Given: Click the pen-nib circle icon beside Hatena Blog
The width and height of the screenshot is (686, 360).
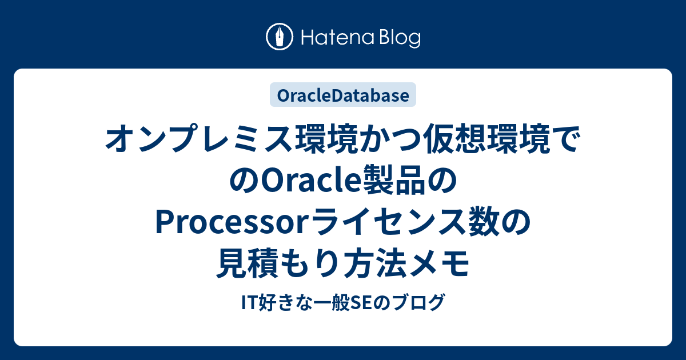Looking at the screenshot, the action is tap(280, 37).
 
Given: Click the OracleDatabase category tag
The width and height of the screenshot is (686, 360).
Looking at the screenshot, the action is tap(343, 95).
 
